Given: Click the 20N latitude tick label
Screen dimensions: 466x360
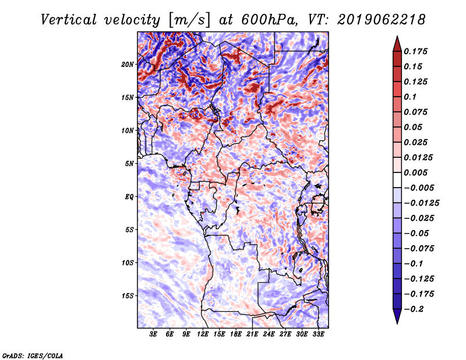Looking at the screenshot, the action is click(127, 65).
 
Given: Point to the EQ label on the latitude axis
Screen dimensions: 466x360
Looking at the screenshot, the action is click(129, 197).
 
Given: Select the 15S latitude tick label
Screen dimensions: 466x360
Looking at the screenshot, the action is click(127, 296).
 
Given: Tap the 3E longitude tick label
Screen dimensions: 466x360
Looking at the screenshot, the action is click(153, 334).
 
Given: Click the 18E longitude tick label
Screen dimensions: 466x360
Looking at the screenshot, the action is click(236, 334).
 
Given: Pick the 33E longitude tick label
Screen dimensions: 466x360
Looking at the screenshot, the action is click(318, 334).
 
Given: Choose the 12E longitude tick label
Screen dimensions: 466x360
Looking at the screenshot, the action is click(203, 334).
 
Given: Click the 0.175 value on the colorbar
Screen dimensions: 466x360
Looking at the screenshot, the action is click(415, 51).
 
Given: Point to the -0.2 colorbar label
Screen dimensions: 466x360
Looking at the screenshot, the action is click(414, 309).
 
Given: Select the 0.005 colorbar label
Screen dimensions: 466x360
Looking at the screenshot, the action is click(415, 172).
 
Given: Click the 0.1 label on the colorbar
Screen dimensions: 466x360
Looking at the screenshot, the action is click(410, 97).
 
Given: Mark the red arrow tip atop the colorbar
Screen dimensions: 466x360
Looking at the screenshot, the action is click(397, 36).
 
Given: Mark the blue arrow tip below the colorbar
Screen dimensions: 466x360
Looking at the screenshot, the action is click(397, 324).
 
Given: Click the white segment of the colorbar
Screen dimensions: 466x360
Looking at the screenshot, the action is click(397, 180).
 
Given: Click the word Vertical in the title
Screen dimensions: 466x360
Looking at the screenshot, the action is click(69, 20).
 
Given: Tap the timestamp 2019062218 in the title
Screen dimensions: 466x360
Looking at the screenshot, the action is click(382, 20).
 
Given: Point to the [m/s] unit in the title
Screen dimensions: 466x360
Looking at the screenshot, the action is click(189, 20).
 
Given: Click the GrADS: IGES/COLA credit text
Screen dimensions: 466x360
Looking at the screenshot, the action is click(33, 356).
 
